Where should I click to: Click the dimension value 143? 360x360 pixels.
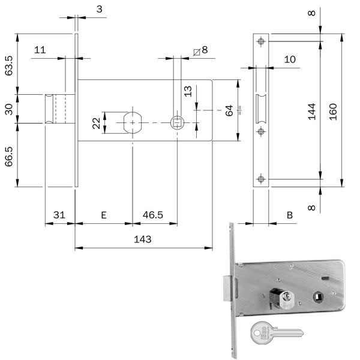(x=142, y=239)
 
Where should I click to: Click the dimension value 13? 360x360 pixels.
(x=188, y=91)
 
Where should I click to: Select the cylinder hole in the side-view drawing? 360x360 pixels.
(x=133, y=122)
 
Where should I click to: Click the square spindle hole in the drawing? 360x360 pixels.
(x=177, y=122)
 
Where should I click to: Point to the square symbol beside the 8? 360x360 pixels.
(x=197, y=51)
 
